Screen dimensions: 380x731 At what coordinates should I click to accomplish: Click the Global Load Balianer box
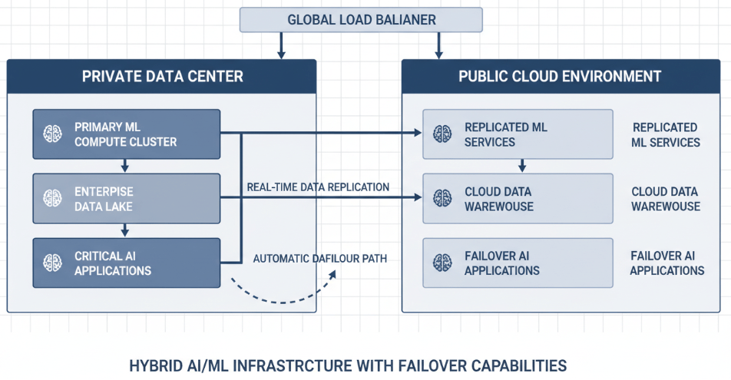click(x=361, y=19)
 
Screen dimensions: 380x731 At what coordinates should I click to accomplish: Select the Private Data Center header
click(x=162, y=76)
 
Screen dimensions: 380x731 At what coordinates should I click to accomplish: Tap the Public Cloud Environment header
click(x=560, y=76)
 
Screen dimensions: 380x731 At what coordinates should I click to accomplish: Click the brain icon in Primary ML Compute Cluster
click(x=53, y=134)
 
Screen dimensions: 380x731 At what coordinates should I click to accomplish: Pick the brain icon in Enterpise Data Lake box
click(x=53, y=198)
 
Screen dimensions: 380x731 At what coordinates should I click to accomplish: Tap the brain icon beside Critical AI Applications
click(x=53, y=263)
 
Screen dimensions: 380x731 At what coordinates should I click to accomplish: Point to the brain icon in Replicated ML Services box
click(x=442, y=134)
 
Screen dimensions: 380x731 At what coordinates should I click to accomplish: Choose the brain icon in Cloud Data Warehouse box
click(x=442, y=198)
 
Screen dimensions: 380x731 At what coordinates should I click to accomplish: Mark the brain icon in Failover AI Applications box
click(x=442, y=263)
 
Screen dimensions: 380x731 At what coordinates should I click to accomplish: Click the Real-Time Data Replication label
click(x=318, y=187)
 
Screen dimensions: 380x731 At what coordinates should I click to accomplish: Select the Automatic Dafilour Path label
click(x=319, y=259)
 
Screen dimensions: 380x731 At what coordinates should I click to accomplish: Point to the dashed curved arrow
click(x=284, y=296)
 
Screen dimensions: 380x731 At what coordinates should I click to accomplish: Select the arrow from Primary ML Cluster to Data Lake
click(x=125, y=166)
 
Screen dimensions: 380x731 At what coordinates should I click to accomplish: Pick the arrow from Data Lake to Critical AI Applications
click(x=125, y=230)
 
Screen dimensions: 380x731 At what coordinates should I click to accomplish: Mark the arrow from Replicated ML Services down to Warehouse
click(x=522, y=165)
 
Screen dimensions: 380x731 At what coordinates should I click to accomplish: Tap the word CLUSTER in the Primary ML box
click(x=152, y=142)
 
